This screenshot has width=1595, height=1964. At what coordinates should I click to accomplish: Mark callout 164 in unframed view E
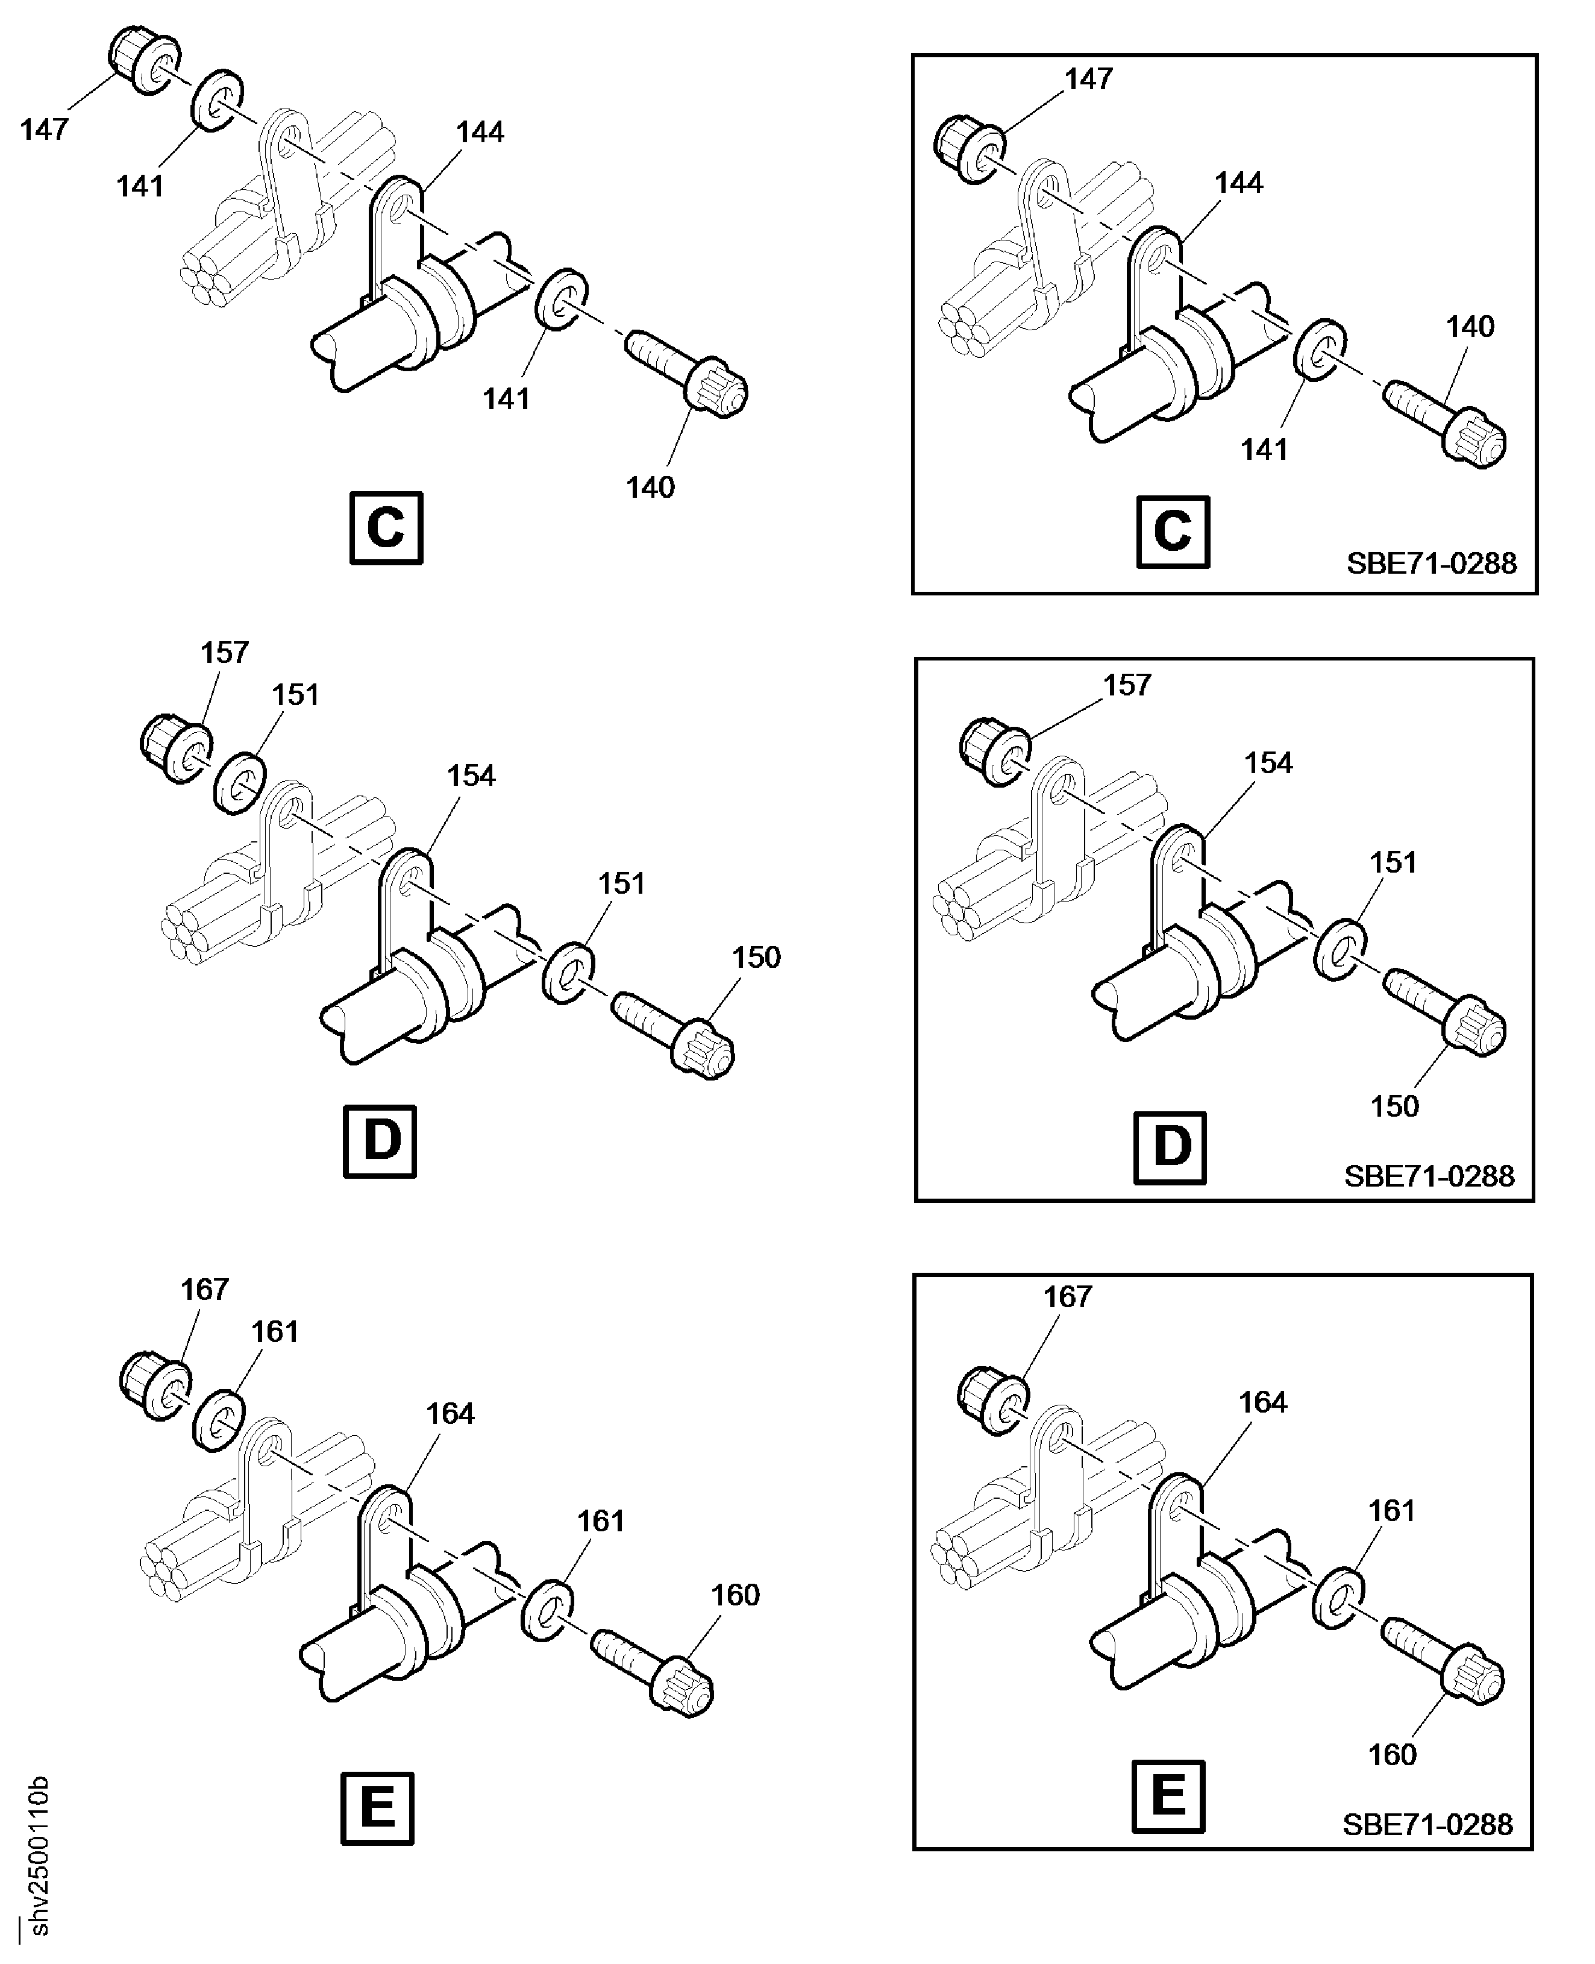tap(450, 1414)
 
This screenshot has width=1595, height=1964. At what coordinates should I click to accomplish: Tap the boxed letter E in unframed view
tap(378, 1809)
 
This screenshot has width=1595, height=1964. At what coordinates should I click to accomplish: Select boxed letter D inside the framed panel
tap(1171, 1148)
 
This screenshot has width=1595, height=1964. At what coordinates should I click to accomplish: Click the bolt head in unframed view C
tap(718, 391)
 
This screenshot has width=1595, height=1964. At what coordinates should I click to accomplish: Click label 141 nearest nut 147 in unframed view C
tap(140, 187)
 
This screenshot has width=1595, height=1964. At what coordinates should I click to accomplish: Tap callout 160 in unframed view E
tap(735, 1595)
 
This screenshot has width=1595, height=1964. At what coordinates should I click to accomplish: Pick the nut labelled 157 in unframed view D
tap(177, 748)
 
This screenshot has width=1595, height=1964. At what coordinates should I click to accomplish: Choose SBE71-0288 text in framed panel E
tap(1427, 1824)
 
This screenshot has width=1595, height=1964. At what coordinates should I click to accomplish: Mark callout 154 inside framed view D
tap(1268, 763)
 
